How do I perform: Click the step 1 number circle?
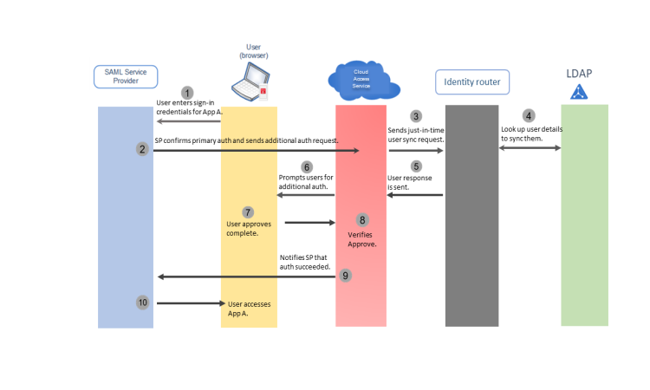pyautogui.click(x=186, y=92)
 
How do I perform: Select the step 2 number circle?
pyautogui.click(x=142, y=149)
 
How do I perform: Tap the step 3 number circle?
pyautogui.click(x=416, y=116)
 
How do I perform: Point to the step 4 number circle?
pyautogui.click(x=529, y=116)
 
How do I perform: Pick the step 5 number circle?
pyautogui.click(x=416, y=166)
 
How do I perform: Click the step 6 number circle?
pyautogui.click(x=306, y=166)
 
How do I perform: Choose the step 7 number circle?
pyautogui.click(x=248, y=211)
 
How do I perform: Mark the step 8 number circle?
pyautogui.click(x=362, y=220)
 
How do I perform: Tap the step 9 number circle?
pyautogui.click(x=346, y=276)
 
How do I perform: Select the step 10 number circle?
pyautogui.click(x=143, y=302)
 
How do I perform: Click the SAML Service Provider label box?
pyautogui.click(x=125, y=76)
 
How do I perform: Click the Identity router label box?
pyautogui.click(x=472, y=82)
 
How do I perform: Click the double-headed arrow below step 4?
pyautogui.click(x=530, y=149)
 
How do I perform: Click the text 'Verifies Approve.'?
pyautogui.click(x=362, y=239)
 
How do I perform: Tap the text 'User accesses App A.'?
pyautogui.click(x=247, y=308)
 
